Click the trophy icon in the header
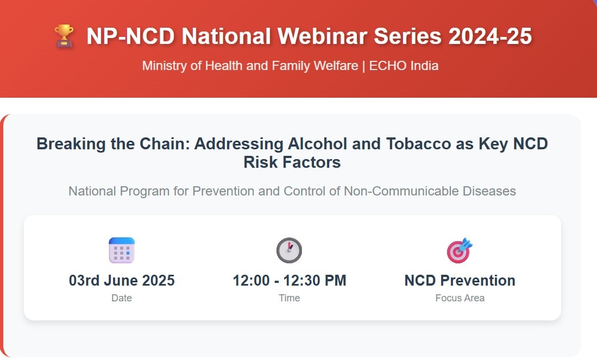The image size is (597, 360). coord(64,36)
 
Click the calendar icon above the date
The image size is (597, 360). coord(122,250)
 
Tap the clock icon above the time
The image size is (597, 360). coord(289,250)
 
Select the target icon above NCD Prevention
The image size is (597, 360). coord(460,250)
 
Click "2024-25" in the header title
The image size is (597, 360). coord(490,36)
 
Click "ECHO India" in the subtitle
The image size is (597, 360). coord(404,66)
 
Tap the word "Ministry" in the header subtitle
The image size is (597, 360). coord(165,66)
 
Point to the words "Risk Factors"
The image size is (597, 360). coord(292,162)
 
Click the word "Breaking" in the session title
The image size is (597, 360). coord(71,144)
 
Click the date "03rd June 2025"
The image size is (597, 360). coord(122,281)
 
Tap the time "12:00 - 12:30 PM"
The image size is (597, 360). coord(290,281)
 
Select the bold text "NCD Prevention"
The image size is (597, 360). coord(460,281)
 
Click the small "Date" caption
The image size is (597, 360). coord(122,298)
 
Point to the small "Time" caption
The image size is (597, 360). coord(290,298)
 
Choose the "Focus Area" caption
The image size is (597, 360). coord(460,298)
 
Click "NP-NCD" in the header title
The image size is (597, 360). coord(130,36)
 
